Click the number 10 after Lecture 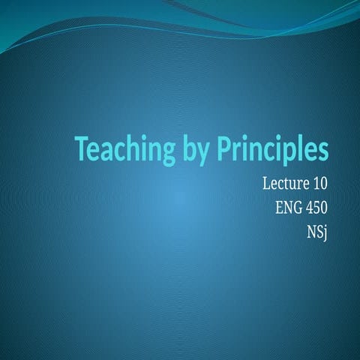(x=320, y=182)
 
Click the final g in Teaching (x=168, y=153)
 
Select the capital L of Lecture (x=267, y=182)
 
